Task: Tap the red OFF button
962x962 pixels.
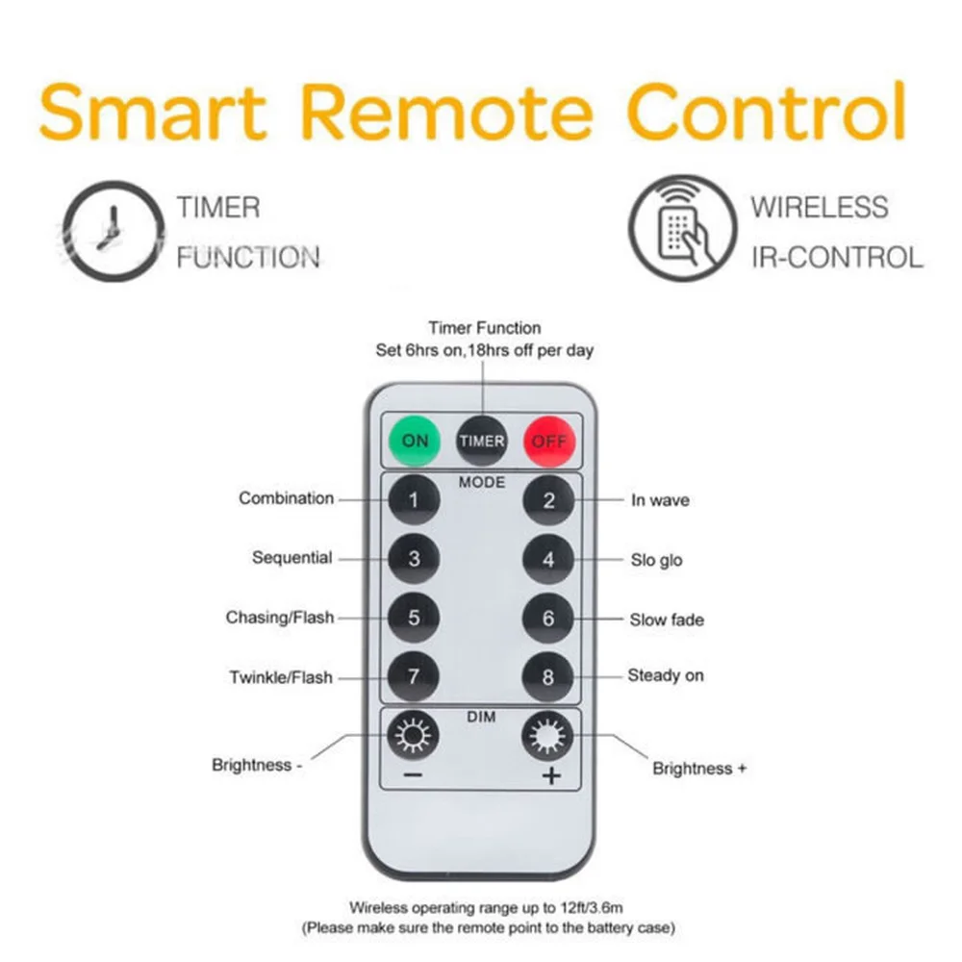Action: (548, 442)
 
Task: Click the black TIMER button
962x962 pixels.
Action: (481, 442)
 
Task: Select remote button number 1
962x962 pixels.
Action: (414, 500)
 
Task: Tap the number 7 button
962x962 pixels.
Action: (414, 677)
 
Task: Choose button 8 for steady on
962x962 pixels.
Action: (548, 677)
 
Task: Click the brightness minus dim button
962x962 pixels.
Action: (414, 739)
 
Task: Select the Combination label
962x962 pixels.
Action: (287, 498)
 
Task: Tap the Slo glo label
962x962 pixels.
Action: (657, 560)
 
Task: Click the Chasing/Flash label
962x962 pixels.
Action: (280, 618)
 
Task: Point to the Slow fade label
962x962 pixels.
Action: (667, 620)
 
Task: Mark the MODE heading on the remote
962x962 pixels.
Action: (481, 481)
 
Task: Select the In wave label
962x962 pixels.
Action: (660, 500)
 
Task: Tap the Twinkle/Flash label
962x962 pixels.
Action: (281, 677)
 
